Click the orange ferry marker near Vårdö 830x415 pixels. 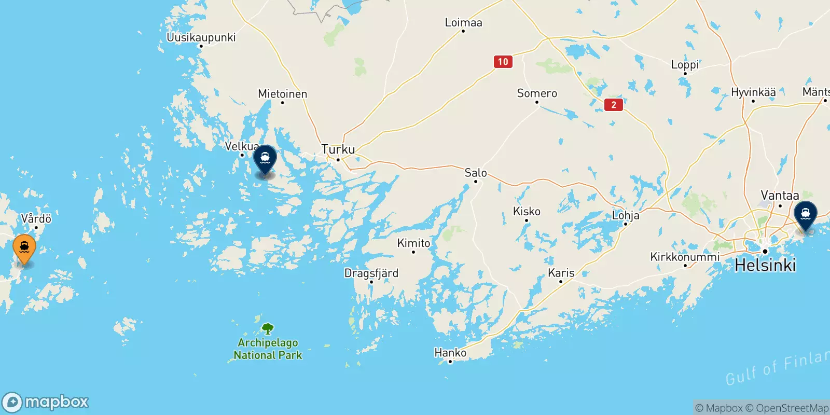[24, 248]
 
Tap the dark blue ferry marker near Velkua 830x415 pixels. [265, 158]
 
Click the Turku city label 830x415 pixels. [338, 149]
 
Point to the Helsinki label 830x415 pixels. [765, 266]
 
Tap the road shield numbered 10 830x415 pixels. [503, 62]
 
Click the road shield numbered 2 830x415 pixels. [614, 105]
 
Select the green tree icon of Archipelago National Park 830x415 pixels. [268, 328]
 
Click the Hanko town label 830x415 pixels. [450, 353]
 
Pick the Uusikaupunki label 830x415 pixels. [201, 37]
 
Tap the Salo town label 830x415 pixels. [476, 173]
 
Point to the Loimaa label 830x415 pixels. [463, 23]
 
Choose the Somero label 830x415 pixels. [537, 93]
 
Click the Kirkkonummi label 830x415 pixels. [685, 257]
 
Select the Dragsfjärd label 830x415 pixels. [371, 273]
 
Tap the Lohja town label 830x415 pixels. [626, 215]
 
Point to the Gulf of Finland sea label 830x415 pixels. [777, 368]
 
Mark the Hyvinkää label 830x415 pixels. [753, 92]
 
